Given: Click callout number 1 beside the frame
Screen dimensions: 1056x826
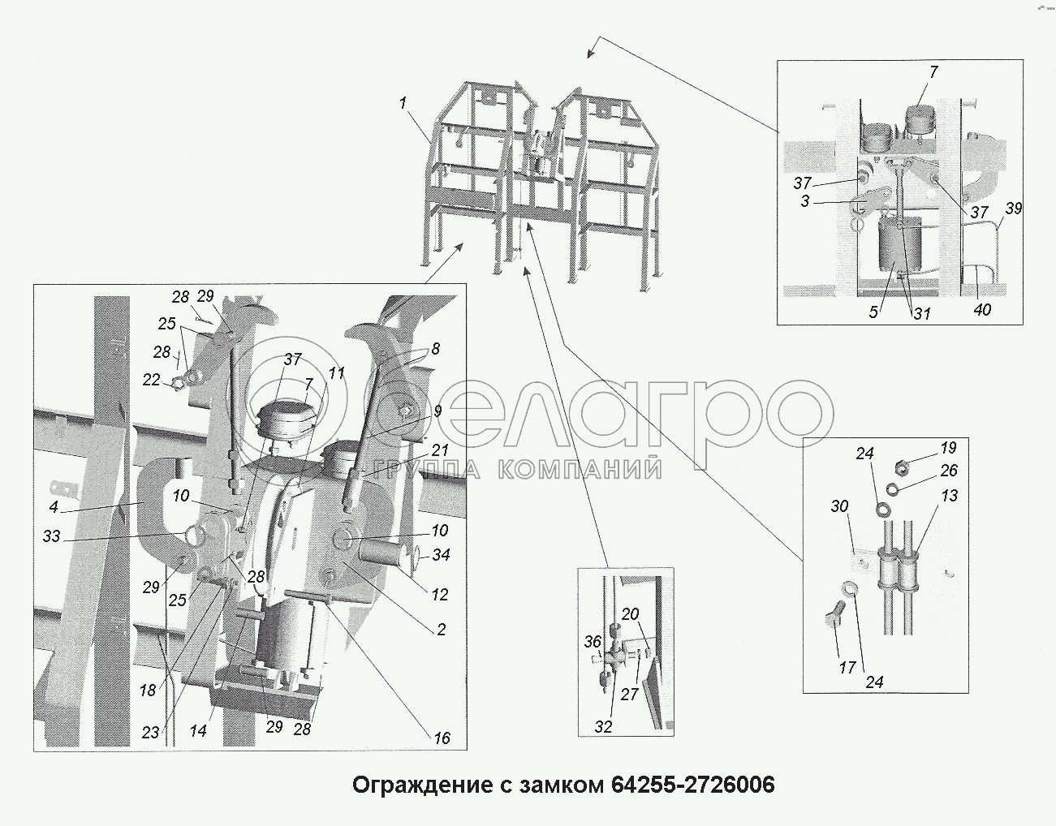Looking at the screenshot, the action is pos(403,103).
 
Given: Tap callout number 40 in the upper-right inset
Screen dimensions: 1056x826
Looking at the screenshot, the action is pos(982,309).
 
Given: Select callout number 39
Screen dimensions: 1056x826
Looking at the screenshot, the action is pos(1014,209).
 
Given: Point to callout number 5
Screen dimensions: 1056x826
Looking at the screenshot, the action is pos(873,312).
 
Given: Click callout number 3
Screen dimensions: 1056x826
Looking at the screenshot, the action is pos(805,200).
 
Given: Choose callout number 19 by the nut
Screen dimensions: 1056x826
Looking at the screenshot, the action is pos(948,447).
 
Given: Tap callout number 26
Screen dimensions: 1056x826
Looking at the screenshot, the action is pos(949,470).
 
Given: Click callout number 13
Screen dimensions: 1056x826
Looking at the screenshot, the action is pos(949,495).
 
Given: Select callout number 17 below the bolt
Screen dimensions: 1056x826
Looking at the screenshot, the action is pos(847,668).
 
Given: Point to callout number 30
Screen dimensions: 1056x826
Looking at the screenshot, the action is pos(839,506).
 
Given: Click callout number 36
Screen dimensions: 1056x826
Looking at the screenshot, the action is pos(593,642).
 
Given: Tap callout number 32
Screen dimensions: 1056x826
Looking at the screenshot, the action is pos(604,726).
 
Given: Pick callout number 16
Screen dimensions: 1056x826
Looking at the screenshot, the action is pos(442,738).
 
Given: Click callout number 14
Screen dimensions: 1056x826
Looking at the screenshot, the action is pos(198,730).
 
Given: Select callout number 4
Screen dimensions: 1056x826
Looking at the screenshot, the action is pos(54,507).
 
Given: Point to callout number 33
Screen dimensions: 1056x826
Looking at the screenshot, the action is pos(51,536).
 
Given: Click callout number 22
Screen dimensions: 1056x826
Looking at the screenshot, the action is pos(151,380).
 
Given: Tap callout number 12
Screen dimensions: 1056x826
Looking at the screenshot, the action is pos(440,595).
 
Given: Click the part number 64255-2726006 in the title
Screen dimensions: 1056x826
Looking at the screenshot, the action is pos(692,785).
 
